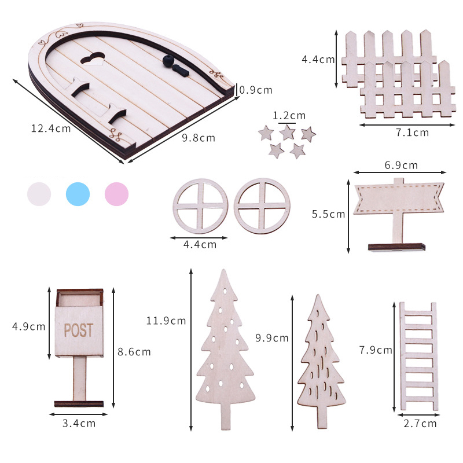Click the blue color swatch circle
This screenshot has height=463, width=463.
point(78,194)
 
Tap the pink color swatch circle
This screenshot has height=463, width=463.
point(117,194)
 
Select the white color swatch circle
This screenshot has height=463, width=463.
point(39,194)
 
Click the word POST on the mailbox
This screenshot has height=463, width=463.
point(79,330)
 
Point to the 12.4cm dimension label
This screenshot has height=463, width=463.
point(51,128)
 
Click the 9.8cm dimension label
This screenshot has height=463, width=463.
point(199,138)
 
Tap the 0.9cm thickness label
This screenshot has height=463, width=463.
point(256,90)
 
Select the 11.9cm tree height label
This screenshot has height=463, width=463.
point(166,321)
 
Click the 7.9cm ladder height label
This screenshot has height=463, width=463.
point(376,350)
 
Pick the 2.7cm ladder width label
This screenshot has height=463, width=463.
point(420,424)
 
